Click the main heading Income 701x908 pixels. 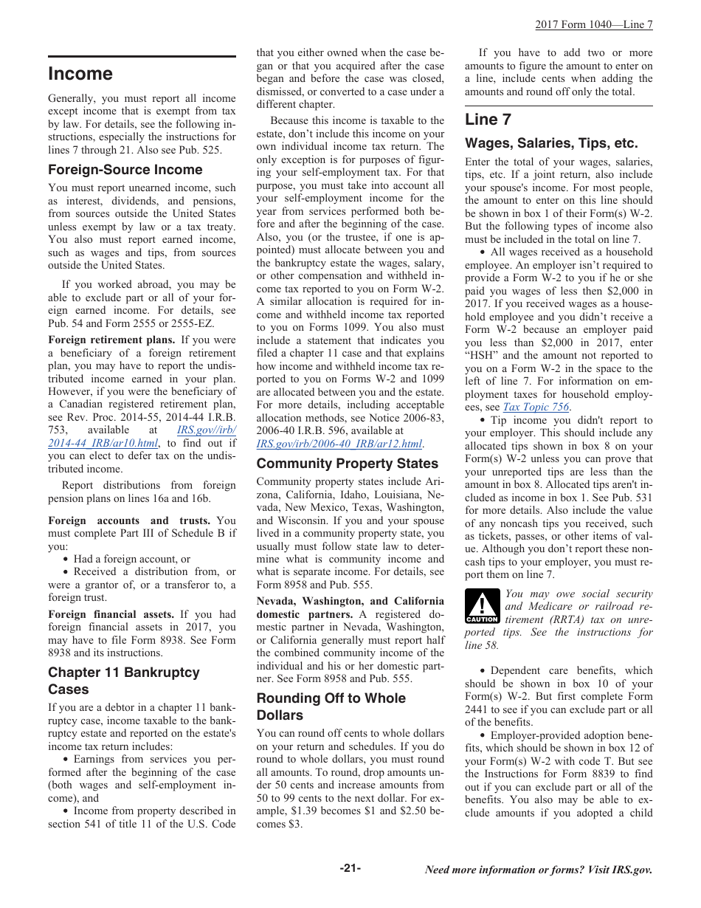pos(80,74)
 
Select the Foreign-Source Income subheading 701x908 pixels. pos(125,170)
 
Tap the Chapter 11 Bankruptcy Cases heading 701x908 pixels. pos(123,681)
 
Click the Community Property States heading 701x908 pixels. pos(347,464)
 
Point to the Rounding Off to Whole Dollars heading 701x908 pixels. pos(331,706)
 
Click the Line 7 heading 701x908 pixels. pos(488,120)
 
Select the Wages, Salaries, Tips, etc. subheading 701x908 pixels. pos(550,143)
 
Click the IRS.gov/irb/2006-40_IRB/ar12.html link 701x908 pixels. pos(339,444)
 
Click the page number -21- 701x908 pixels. pos(350,868)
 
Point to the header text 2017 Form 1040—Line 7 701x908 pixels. pos(593,24)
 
